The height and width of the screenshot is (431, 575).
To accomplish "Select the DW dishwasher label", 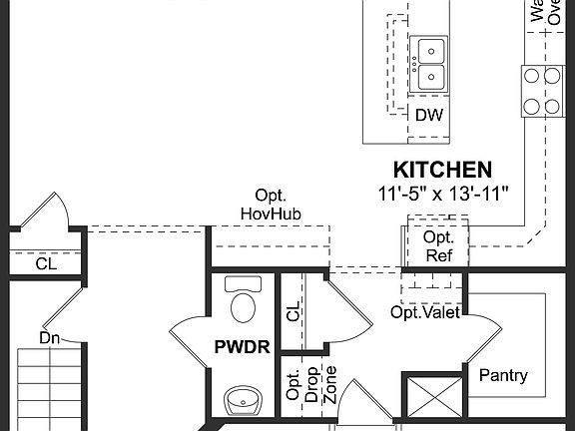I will pyautogui.click(x=429, y=115).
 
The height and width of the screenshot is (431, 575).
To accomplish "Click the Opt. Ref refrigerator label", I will pyautogui.click(x=438, y=245).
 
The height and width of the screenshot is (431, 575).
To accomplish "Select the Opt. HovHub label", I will pyautogui.click(x=271, y=204).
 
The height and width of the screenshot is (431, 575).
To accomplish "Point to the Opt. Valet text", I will pyautogui.click(x=424, y=312).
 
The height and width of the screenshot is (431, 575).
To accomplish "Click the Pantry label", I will pyautogui.click(x=503, y=375).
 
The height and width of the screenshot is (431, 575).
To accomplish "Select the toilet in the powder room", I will pyautogui.click(x=242, y=300).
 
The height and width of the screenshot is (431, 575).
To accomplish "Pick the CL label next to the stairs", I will pyautogui.click(x=47, y=264).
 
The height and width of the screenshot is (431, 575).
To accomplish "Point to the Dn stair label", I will pyautogui.click(x=51, y=338).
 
